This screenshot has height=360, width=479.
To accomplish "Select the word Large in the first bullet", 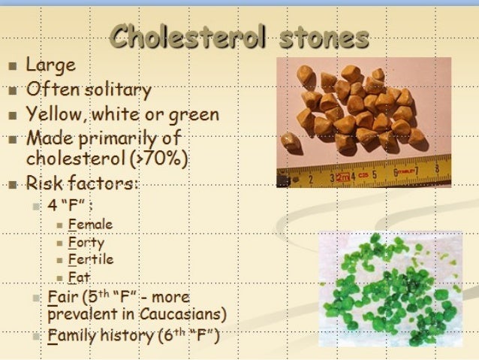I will pyautogui.click(x=50, y=65).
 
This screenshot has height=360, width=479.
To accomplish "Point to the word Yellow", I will pyautogui.click(x=55, y=116).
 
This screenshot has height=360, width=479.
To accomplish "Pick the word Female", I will pyautogui.click(x=90, y=224).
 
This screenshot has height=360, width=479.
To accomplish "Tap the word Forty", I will pyautogui.click(x=86, y=242).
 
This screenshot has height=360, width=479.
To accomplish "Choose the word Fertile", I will pyautogui.click(x=90, y=259).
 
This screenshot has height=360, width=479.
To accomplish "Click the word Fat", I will pyautogui.click(x=79, y=277).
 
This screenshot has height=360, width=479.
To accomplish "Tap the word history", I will pyautogui.click(x=127, y=335).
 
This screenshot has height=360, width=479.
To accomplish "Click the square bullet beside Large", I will pyautogui.click(x=11, y=67).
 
